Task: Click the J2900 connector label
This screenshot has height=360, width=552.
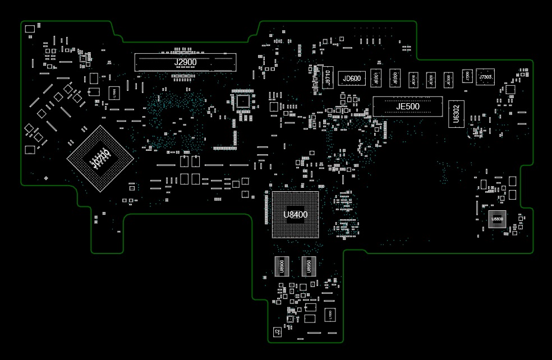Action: [185, 62]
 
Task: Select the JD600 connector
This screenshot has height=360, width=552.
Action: [352, 79]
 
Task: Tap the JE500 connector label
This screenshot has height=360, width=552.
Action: [408, 107]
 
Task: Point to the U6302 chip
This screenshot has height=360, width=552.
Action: [456, 114]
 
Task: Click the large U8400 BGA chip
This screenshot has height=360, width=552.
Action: [295, 214]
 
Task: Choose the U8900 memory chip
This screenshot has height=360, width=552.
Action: [281, 266]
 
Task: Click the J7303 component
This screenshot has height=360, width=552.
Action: [485, 77]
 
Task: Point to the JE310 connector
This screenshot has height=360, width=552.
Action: [413, 80]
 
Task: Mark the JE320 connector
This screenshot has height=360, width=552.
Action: [431, 80]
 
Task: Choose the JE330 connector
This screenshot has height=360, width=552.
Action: [448, 80]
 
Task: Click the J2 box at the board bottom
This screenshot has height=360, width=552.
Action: [277, 332]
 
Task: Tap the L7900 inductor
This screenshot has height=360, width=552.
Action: [114, 92]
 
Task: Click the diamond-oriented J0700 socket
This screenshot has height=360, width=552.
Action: [100, 159]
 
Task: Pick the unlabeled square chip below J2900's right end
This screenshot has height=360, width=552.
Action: [243, 101]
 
